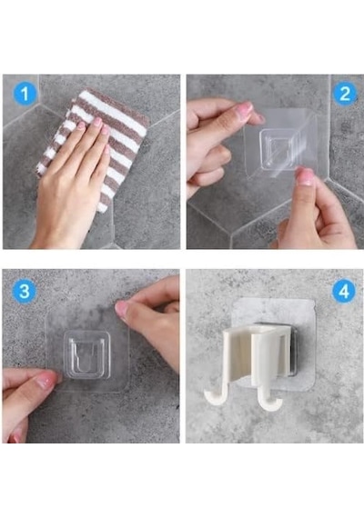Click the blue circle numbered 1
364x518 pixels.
[x=25, y=95]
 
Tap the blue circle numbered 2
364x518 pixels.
[x=345, y=95]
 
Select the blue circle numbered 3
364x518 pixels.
[x=25, y=292]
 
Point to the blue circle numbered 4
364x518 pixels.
[x=344, y=292]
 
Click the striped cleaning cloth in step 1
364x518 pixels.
[x=99, y=142]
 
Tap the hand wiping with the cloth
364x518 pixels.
[x=71, y=178]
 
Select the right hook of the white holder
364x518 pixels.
[x=268, y=403]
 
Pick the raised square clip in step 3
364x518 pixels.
[x=86, y=355]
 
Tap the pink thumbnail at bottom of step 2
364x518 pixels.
[x=305, y=176]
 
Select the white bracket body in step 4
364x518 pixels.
[x=255, y=358]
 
